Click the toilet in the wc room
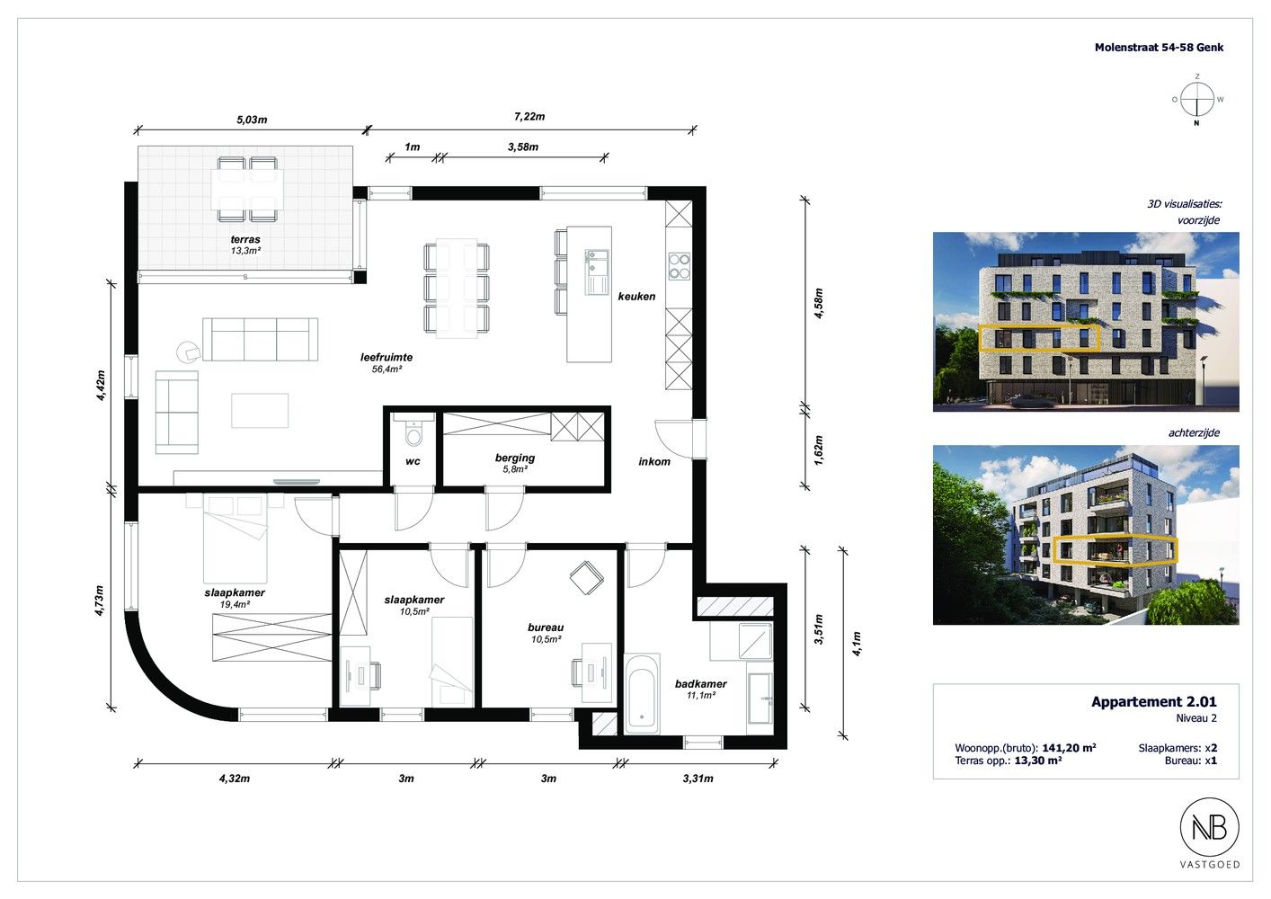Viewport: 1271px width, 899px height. (413, 432)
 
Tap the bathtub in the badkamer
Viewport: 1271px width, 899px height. (642, 693)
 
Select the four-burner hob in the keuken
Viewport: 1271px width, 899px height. (680, 266)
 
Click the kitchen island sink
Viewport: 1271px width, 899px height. (596, 271)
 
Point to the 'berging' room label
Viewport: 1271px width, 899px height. (515, 458)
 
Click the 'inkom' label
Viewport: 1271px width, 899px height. (654, 461)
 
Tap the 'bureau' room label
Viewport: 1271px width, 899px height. (546, 628)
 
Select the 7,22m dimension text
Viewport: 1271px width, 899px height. (529, 116)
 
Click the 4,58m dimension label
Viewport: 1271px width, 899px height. (818, 303)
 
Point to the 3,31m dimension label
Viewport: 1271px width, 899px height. (698, 779)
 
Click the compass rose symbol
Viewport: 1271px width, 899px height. (1197, 100)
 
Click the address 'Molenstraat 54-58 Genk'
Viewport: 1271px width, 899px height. (1159, 48)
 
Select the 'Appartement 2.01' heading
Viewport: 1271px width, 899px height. (1154, 701)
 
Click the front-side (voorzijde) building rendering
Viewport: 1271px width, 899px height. (1086, 322)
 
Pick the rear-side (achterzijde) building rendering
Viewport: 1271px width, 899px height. (1086, 535)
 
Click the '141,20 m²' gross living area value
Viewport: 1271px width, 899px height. (1069, 748)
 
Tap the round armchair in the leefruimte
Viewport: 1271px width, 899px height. (188, 351)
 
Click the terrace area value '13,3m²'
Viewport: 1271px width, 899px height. (245, 250)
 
